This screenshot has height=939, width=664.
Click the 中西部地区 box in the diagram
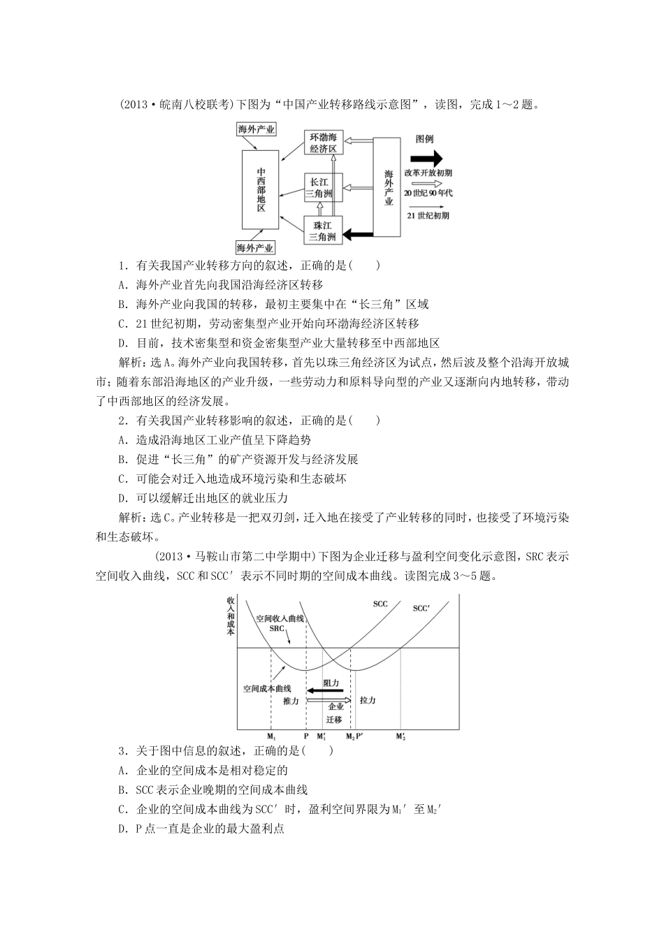click(x=261, y=189)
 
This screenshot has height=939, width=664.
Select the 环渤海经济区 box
click(x=324, y=143)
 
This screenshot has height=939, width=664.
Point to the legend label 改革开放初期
click(x=428, y=173)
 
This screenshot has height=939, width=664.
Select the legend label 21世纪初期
click(x=428, y=215)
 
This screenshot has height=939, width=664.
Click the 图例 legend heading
click(x=426, y=139)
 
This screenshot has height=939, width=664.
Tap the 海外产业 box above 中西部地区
click(x=256, y=129)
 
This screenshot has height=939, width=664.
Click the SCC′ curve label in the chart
click(x=421, y=609)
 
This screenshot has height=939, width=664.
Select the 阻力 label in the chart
click(x=331, y=683)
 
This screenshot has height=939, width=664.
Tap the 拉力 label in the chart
click(x=368, y=700)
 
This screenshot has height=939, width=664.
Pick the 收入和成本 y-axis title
click(x=231, y=616)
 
